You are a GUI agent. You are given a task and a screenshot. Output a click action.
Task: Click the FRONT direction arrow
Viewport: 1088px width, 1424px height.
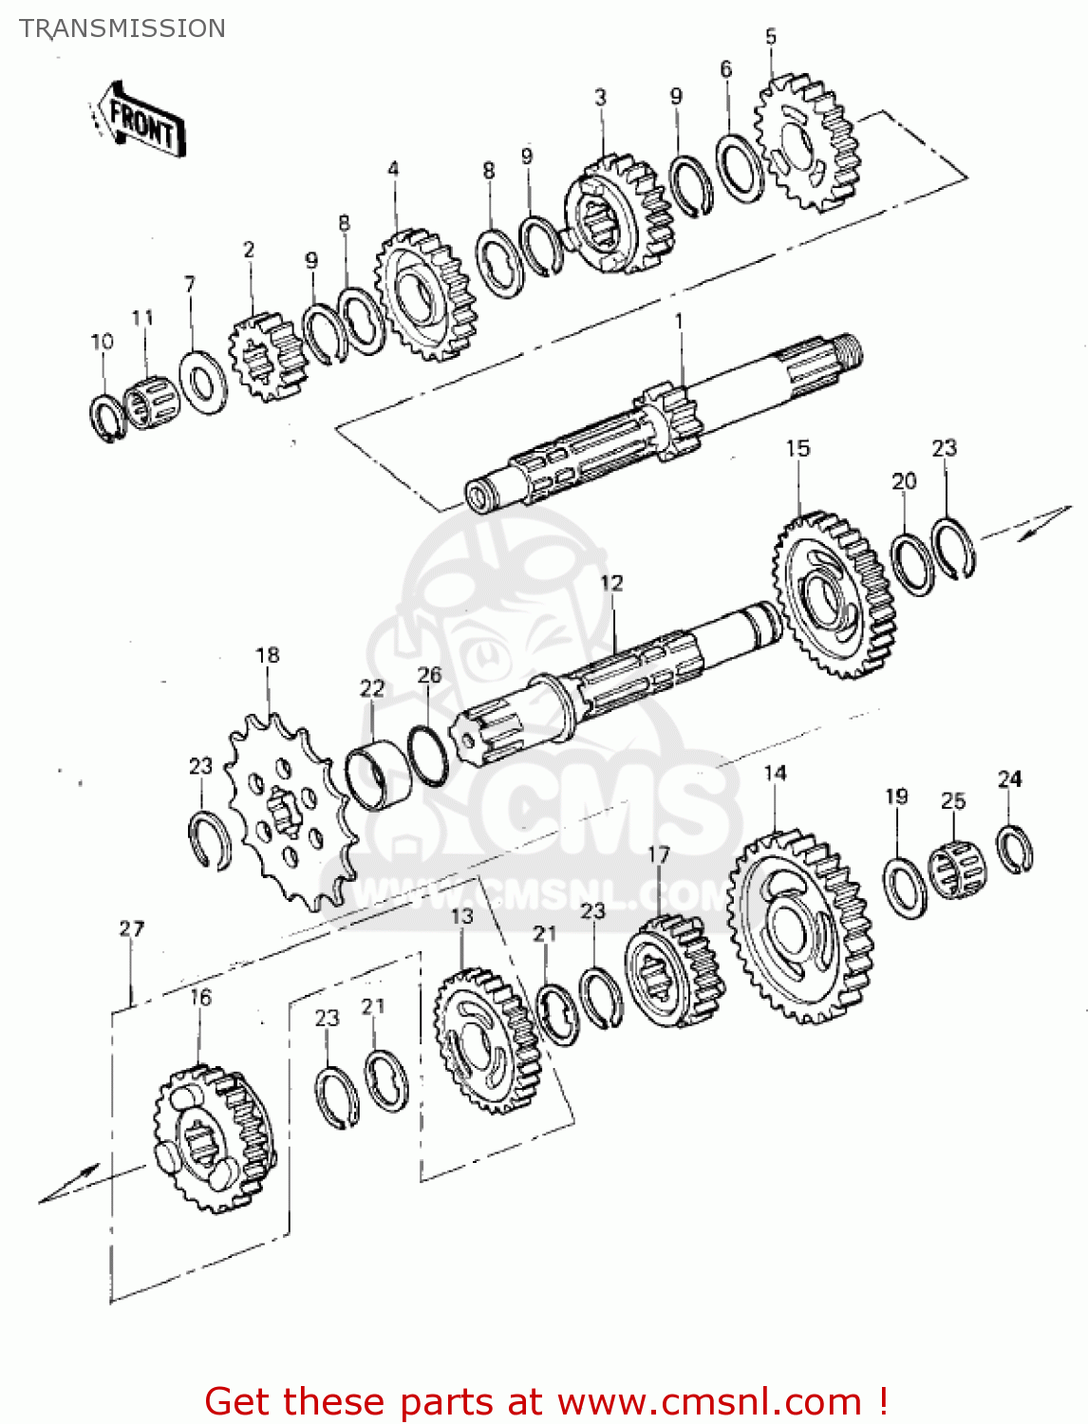coord(139,118)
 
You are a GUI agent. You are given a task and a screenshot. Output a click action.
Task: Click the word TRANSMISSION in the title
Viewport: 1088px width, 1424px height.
coord(122,28)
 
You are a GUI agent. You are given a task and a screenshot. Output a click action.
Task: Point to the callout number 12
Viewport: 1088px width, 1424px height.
coord(611,582)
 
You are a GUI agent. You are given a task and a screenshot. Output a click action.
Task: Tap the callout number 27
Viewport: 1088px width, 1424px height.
coord(131,928)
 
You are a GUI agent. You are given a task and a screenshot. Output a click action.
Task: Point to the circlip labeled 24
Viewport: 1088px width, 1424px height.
coord(1015,849)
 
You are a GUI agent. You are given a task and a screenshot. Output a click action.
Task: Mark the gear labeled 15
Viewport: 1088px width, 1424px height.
coord(835,596)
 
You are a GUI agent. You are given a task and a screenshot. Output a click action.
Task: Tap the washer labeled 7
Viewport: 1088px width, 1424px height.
coord(202,382)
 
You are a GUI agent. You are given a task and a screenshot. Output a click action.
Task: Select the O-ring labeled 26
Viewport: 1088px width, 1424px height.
coord(428,755)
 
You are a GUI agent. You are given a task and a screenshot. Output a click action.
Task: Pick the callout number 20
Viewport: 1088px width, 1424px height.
coord(904,481)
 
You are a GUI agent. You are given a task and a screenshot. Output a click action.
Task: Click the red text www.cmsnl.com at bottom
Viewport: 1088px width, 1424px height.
coord(708,1401)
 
